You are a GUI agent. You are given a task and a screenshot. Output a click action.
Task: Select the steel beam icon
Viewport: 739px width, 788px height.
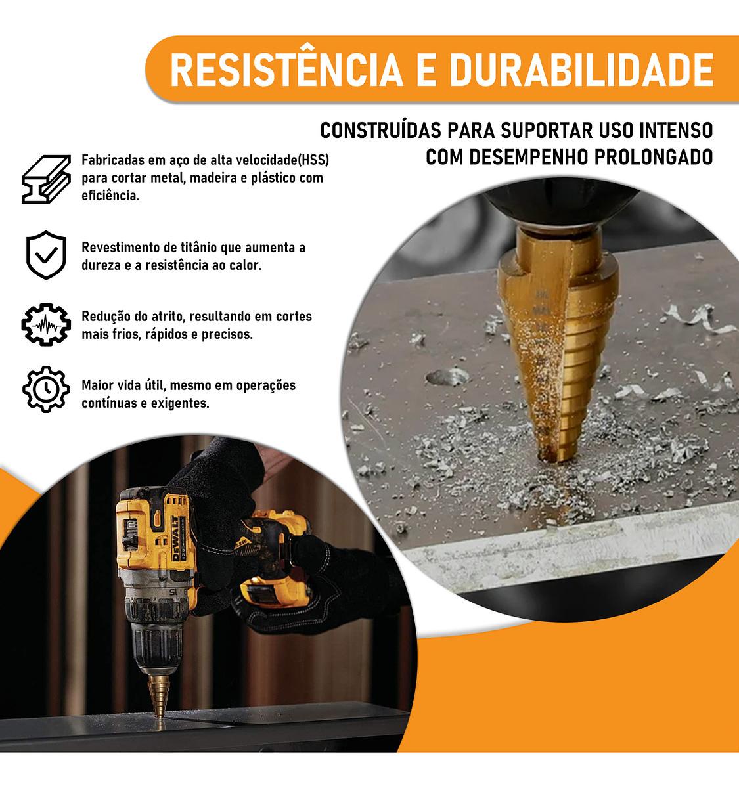[x=46, y=179]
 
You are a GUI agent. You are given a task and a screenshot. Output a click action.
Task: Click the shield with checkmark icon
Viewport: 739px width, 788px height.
[x=46, y=255]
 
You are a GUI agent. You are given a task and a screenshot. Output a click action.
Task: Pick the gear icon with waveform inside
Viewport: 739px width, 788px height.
[x=46, y=324]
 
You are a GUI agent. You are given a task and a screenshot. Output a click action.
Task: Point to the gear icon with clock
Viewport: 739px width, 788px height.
[x=46, y=389]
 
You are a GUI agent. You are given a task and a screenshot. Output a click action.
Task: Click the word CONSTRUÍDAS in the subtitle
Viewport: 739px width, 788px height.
[x=381, y=130]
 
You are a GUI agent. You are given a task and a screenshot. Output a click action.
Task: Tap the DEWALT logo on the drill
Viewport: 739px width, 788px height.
[x=175, y=538]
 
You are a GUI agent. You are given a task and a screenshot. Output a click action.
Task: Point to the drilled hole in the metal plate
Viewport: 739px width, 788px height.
[x=448, y=376]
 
